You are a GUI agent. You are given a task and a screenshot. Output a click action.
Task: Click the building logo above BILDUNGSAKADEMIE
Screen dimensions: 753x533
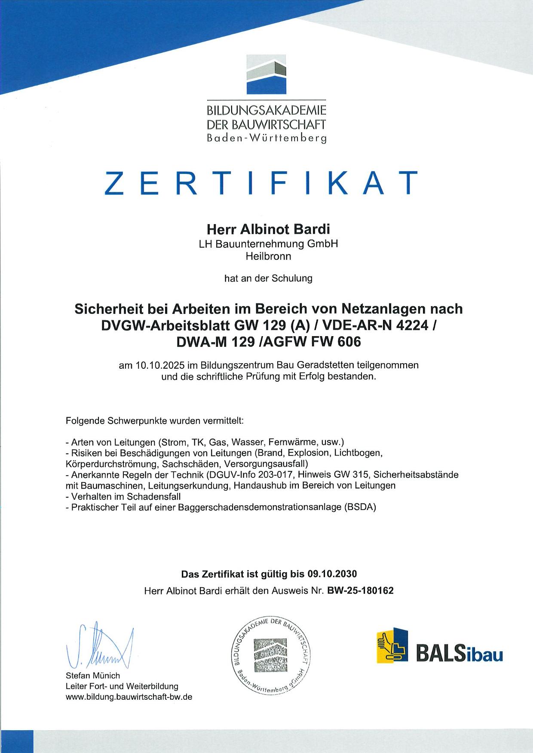pos(267,74)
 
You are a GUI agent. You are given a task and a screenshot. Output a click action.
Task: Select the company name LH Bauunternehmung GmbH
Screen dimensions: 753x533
pos(266,244)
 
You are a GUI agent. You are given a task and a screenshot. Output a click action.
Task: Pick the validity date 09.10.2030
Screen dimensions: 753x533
pos(332,574)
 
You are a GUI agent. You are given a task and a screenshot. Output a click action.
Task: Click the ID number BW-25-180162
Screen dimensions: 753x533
pos(360,591)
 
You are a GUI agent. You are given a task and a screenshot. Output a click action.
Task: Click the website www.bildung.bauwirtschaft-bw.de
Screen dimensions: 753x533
pos(129,697)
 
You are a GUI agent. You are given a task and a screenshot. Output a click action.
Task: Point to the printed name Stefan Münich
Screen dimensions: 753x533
pos(93,676)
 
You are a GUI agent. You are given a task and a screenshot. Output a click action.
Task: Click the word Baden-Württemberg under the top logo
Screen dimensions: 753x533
pos(266,139)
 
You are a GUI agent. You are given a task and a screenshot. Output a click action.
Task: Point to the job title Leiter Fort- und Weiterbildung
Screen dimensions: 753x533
pos(122,686)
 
